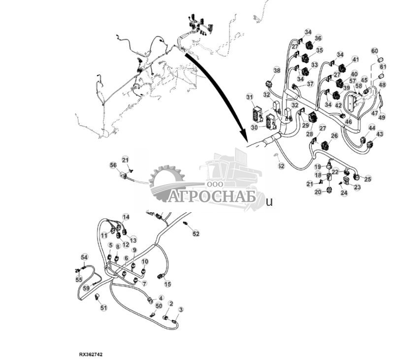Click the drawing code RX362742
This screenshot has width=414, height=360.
91,354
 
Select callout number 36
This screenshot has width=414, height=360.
318,38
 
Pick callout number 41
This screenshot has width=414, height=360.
355,60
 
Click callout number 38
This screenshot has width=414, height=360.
277,70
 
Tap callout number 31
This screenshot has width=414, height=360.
250,97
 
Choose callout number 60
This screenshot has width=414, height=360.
374,51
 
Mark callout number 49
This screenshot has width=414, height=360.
382,117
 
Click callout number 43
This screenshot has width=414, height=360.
379,134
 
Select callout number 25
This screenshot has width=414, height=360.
367,179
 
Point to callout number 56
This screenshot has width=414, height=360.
113,165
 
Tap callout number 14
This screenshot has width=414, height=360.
126,217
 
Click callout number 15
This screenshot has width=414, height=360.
167,284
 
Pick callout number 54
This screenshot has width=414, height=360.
84,258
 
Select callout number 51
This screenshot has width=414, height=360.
103,308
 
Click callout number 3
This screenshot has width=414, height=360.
181,310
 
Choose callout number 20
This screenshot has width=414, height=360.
318,192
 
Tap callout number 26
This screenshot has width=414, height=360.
334,136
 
